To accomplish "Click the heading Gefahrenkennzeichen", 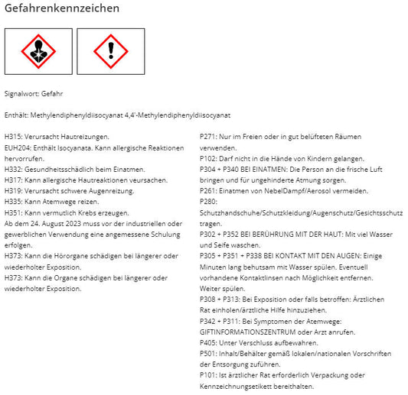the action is [x=62, y=9].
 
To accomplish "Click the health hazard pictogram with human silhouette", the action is [x=38, y=51].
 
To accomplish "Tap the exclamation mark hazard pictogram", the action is [x=110, y=51].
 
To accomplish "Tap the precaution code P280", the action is [x=209, y=202].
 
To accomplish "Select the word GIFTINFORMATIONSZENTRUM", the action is [x=242, y=332].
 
